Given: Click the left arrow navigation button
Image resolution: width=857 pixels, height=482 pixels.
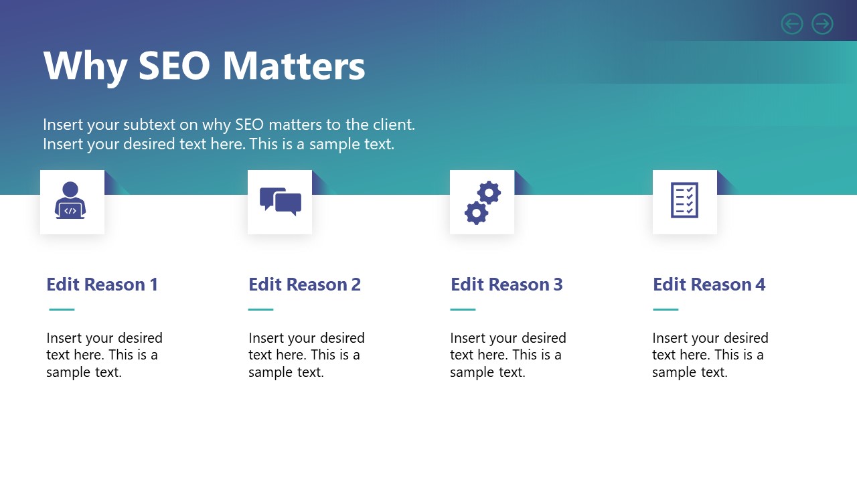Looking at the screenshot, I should (792, 24).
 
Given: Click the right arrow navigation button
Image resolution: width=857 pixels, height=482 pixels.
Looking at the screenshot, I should (822, 24).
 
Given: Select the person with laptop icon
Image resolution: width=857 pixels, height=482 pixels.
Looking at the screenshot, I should (70, 201).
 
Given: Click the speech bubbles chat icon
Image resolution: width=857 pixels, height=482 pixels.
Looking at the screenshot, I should (280, 202).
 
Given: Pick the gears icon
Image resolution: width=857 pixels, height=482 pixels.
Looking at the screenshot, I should (482, 202).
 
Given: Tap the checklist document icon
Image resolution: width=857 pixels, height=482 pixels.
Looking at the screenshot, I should (684, 200).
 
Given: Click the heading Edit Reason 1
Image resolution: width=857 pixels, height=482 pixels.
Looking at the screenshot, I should (102, 285).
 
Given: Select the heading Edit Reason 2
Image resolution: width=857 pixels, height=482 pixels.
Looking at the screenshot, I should (304, 285).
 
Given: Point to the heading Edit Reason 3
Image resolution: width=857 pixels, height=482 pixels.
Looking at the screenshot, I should (506, 285).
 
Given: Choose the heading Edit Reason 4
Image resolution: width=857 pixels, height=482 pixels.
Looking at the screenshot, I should (708, 285).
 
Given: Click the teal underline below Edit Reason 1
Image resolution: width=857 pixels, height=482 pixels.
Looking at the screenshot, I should (62, 309).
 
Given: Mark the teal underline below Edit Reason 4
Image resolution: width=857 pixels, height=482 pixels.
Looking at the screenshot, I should (666, 309).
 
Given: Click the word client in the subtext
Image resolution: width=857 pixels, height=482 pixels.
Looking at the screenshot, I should (393, 125).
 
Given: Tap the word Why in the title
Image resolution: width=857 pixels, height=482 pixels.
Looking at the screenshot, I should (85, 66).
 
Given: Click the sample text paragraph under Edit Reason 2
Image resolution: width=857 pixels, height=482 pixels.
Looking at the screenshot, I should (306, 355).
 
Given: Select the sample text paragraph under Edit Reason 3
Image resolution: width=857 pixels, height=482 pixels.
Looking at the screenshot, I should (508, 355).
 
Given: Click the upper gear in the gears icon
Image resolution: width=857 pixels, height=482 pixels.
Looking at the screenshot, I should (489, 193).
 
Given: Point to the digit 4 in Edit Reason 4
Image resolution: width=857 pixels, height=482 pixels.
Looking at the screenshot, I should (760, 285).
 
